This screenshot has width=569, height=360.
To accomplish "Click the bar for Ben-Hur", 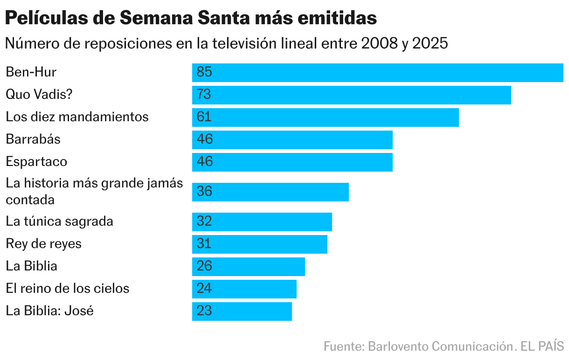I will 378,72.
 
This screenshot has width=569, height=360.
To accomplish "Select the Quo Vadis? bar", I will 352,95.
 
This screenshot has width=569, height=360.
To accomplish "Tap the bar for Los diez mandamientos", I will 326,117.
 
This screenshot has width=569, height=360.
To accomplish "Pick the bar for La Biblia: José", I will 242,311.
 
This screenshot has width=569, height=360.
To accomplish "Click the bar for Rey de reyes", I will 260,244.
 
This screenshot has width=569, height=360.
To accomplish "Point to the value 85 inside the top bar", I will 204,72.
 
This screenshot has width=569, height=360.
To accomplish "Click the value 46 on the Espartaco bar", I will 204,162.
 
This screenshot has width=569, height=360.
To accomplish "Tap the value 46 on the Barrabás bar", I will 204,139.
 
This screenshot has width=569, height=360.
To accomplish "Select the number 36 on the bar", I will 204,192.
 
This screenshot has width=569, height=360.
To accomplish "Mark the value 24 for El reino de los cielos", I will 204,289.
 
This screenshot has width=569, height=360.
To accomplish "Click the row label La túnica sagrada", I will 59,221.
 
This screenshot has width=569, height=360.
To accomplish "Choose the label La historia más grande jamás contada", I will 94,191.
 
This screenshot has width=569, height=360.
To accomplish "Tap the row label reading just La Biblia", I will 31,266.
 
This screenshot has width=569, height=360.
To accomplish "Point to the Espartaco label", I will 36,162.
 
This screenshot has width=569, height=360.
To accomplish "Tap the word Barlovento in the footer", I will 398,347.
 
